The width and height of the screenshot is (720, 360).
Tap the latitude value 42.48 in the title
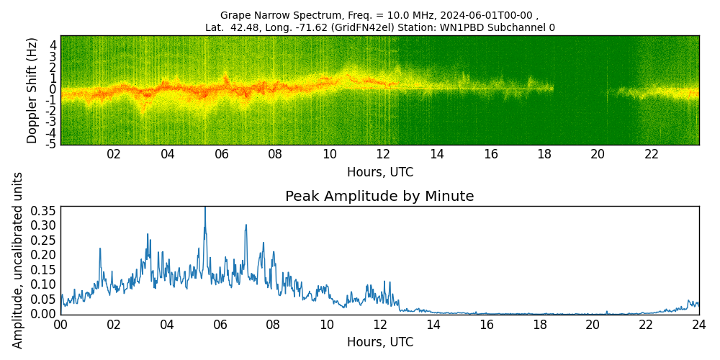[x=243, y=28]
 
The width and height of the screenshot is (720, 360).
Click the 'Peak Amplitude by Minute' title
[x=379, y=197]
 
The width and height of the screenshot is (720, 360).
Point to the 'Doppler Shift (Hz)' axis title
[x=32, y=90]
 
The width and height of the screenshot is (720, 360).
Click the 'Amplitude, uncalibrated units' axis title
[x=18, y=260]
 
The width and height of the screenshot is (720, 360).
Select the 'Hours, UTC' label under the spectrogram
[x=379, y=173]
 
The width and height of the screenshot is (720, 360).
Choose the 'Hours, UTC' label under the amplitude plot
[x=379, y=343]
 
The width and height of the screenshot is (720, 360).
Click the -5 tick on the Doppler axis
[x=51, y=144]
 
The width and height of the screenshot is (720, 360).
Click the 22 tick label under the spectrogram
[x=652, y=154]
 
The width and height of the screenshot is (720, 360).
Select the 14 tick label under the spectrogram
[x=437, y=154]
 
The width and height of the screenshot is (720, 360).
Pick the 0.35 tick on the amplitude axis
[x=43, y=211]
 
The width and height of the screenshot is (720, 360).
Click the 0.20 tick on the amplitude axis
[x=43, y=255]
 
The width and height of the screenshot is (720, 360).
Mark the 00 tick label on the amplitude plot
[x=60, y=325]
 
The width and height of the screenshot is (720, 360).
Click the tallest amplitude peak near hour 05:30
[x=205, y=208]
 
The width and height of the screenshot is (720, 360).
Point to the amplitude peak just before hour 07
[x=246, y=225]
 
